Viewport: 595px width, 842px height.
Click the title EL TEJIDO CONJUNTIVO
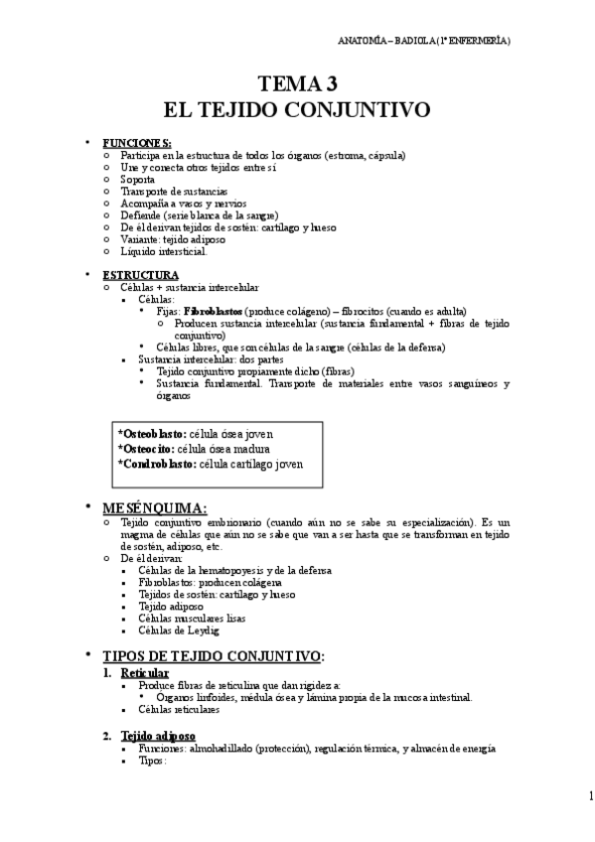pyautogui.click(x=297, y=107)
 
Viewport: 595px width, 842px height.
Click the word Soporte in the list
pyautogui.click(x=137, y=179)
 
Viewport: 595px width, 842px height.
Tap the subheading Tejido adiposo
pyautogui.click(x=158, y=736)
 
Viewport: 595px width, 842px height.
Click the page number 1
pyautogui.click(x=590, y=795)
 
